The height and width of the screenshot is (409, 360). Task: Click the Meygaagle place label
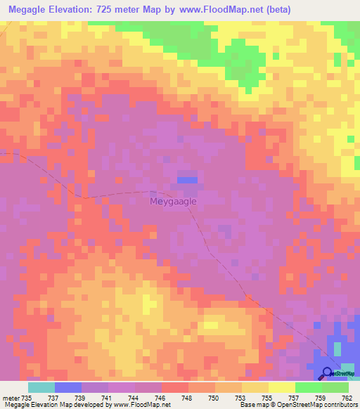pyautogui.click(x=173, y=201)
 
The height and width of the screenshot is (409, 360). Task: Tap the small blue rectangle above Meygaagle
pyautogui.click(x=186, y=180)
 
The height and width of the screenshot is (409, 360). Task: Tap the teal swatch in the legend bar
pyautogui.click(x=41, y=387)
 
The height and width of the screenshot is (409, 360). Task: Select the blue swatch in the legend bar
pyautogui.click(x=67, y=387)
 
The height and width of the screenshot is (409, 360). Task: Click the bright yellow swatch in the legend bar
pyautogui.click(x=281, y=387)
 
